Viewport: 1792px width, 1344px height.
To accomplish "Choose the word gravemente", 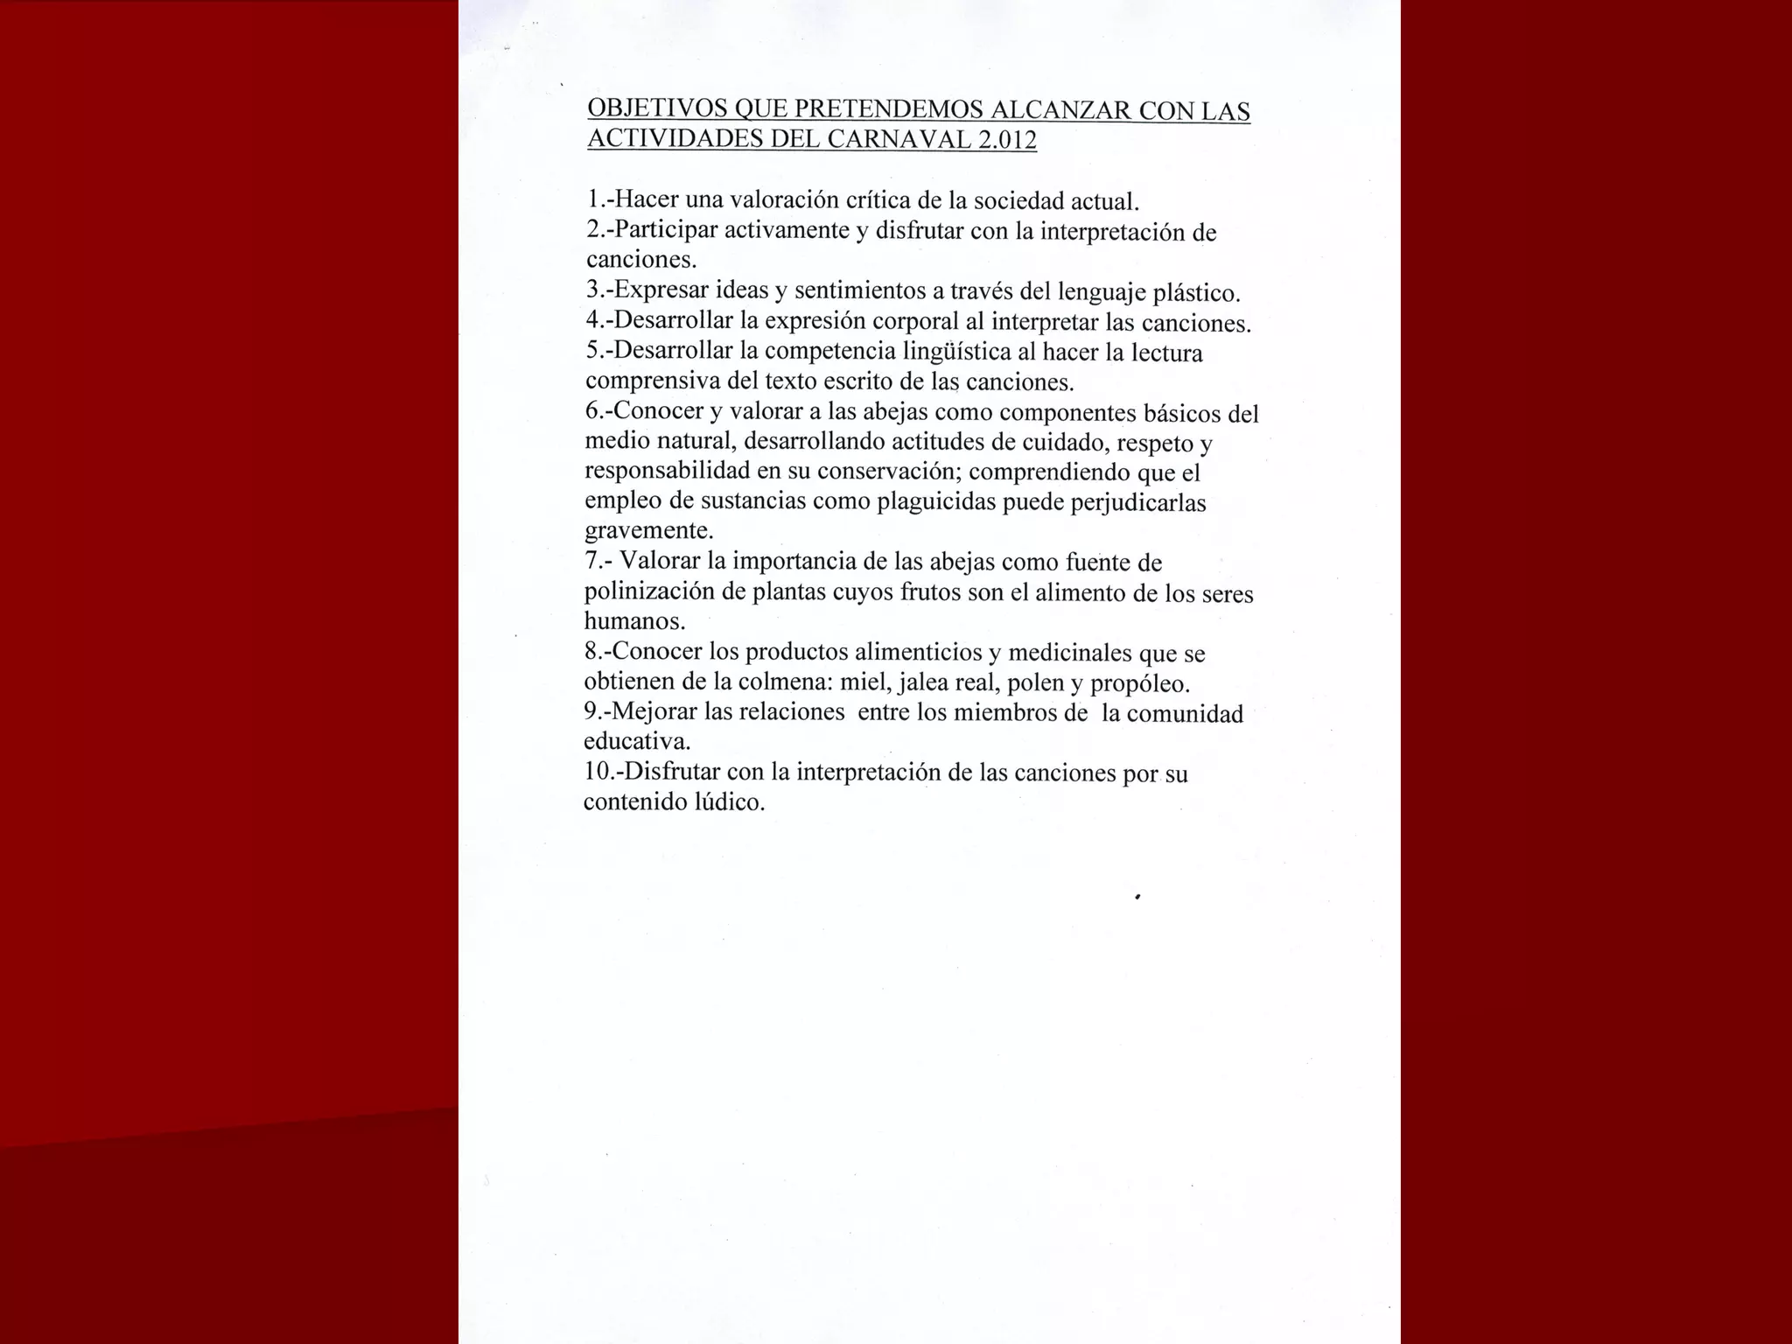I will [648, 531].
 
